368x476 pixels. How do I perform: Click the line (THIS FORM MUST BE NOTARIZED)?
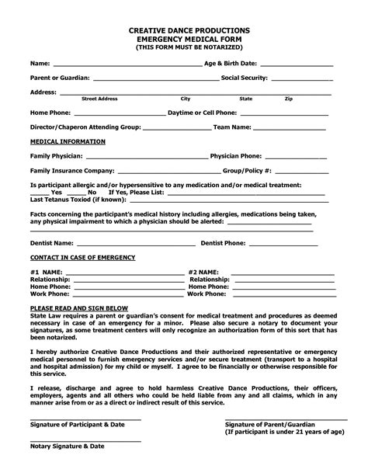184,47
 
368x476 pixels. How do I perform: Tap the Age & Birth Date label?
230,63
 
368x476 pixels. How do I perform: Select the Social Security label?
245,78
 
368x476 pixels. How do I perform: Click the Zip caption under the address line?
288,99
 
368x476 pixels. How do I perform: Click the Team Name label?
232,127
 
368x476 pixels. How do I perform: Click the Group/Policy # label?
247,170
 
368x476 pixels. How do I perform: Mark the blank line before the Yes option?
39,192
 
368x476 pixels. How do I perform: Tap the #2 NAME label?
203,273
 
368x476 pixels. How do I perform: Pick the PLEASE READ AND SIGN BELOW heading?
78,308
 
